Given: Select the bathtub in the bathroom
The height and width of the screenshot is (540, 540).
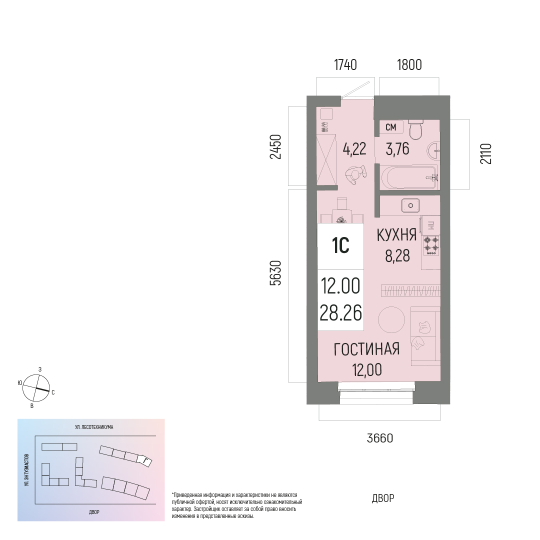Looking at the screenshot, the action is [x=409, y=177].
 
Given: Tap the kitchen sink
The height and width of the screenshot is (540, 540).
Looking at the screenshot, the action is [x=410, y=205].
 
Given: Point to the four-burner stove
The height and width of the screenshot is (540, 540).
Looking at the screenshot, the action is [x=431, y=245].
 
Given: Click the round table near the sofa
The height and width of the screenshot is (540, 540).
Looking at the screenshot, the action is [x=391, y=319].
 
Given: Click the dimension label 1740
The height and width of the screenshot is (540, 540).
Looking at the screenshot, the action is [x=345, y=64].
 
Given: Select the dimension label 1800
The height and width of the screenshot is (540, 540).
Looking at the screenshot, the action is [x=409, y=64].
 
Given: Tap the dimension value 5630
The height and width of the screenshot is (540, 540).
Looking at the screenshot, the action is [x=276, y=273].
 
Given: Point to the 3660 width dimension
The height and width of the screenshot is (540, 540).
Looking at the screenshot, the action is [x=380, y=438].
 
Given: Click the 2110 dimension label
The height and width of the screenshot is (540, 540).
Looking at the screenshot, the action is [x=486, y=153].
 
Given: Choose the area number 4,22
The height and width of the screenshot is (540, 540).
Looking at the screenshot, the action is [x=354, y=149].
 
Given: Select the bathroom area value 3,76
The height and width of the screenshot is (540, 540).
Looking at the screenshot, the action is [x=397, y=149].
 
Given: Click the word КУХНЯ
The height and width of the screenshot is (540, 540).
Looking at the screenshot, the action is [x=396, y=235].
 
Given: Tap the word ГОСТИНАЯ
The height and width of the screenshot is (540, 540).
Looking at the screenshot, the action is [x=367, y=349].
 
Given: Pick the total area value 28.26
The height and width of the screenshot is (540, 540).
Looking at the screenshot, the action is [x=340, y=313].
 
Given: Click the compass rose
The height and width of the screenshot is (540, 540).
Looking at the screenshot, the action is [x=36, y=388].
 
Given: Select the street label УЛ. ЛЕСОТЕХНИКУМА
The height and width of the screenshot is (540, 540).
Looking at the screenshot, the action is [x=94, y=427].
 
